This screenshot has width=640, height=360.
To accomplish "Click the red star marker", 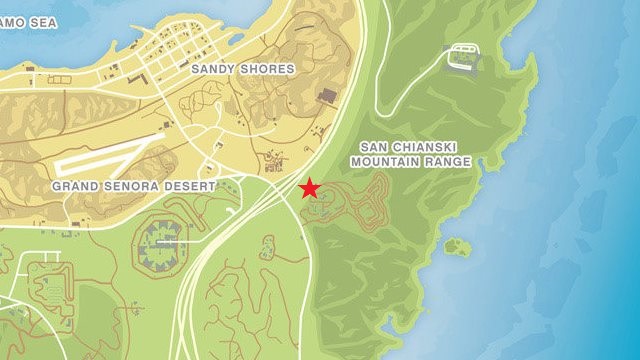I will click(310, 187).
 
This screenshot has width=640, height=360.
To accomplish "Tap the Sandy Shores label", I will click(243, 69).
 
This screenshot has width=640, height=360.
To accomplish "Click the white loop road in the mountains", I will click(462, 57).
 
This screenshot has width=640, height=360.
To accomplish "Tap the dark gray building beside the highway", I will click(327, 95).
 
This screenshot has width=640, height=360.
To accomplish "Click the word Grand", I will click(76, 186).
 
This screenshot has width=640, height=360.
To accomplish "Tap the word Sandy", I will click(214, 69).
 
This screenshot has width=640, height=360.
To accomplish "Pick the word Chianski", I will click(410, 146).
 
